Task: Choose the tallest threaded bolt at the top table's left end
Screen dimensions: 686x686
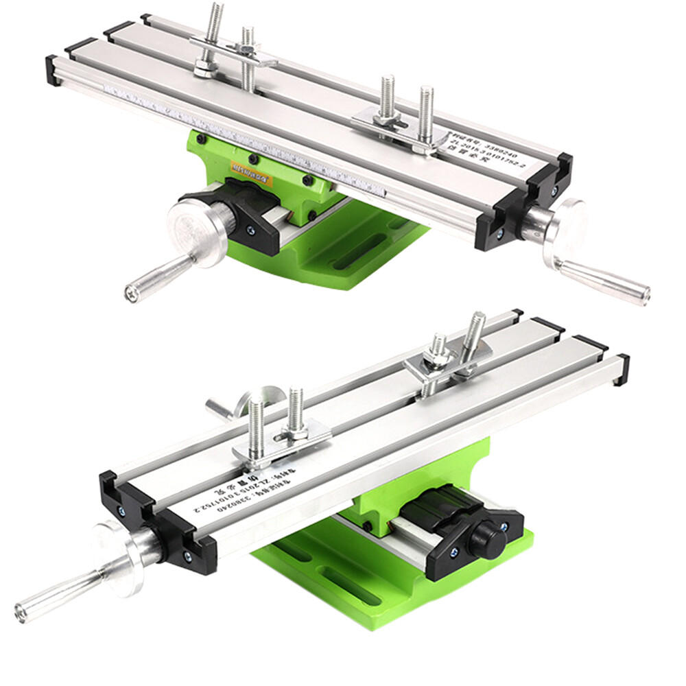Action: [215, 27]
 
